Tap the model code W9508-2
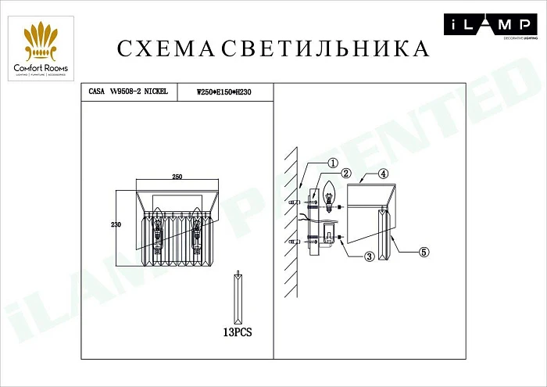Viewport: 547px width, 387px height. pyautogui.click(x=130, y=91)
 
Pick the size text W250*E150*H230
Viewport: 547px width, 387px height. pyautogui.click(x=224, y=92)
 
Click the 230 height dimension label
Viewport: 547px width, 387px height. pyautogui.click(x=116, y=224)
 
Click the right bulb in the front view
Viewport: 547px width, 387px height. pyautogui.click(x=195, y=227)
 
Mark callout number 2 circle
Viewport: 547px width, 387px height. pyautogui.click(x=346, y=173)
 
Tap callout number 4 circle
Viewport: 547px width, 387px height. pyautogui.click(x=383, y=173)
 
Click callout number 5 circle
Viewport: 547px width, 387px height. pyautogui.click(x=424, y=252)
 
